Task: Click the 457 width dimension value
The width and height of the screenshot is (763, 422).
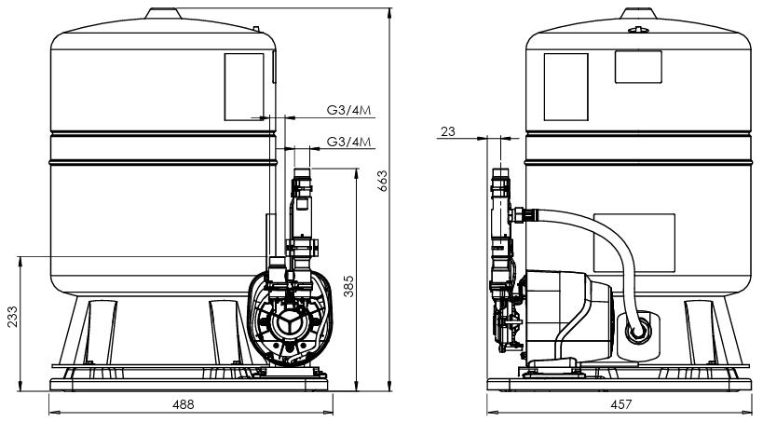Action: coord(621,405)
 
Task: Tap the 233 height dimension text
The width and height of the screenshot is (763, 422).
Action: coord(11,317)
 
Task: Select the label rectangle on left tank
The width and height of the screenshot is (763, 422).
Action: coord(245,85)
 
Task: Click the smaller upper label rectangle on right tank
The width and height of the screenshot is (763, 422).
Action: coord(637,66)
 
